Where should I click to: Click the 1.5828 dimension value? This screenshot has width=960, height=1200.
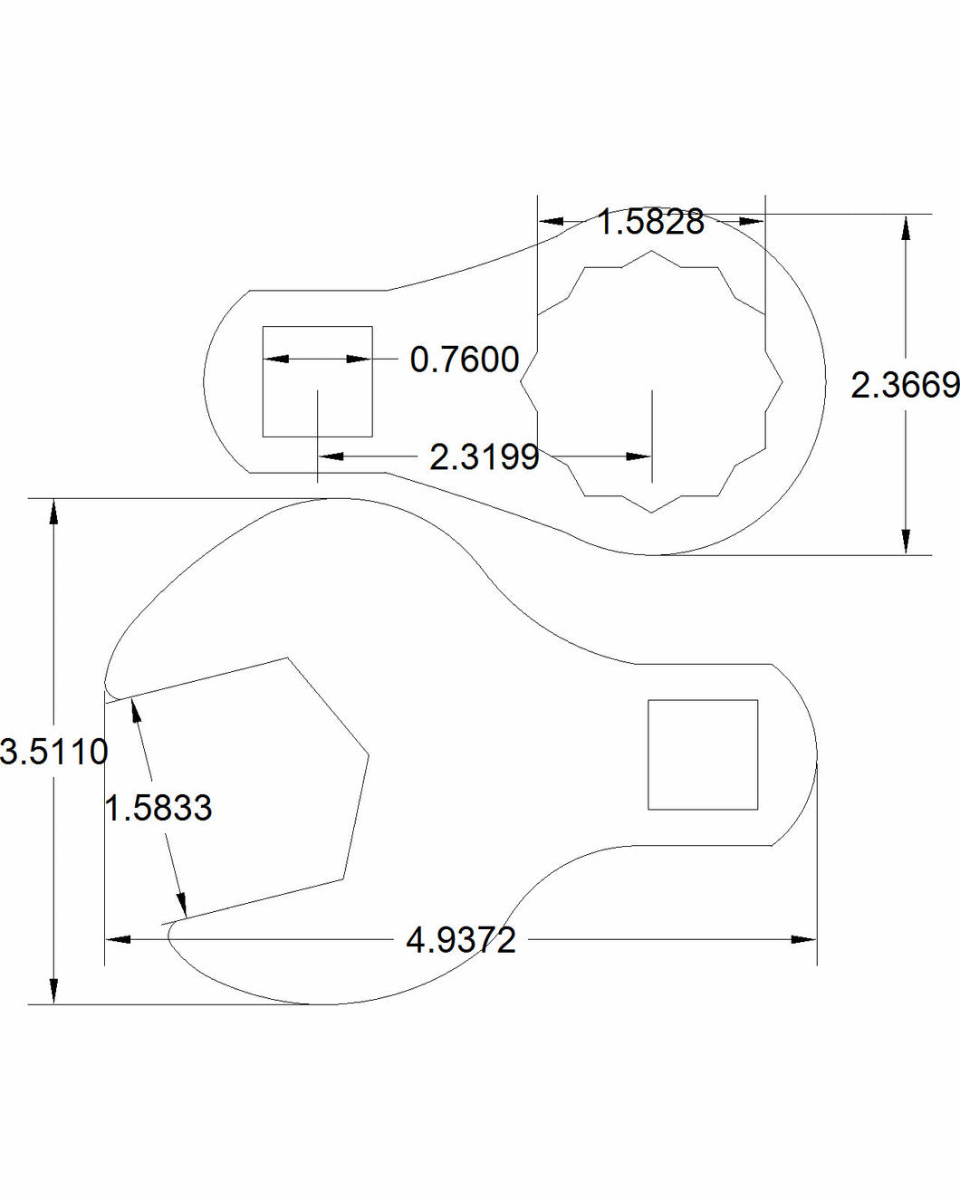pyautogui.click(x=650, y=222)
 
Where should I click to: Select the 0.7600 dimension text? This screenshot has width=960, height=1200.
pyautogui.click(x=464, y=360)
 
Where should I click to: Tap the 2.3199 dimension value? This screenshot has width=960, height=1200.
pyautogui.click(x=484, y=457)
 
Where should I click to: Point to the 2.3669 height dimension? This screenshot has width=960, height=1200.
pyautogui.click(x=905, y=386)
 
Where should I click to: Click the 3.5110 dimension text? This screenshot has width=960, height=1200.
pyautogui.click(x=54, y=752)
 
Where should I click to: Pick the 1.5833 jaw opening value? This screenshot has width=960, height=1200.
pyautogui.click(x=158, y=808)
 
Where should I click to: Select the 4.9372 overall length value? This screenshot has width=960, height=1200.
pyautogui.click(x=460, y=940)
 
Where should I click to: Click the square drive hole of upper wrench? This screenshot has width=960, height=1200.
pyautogui.click(x=317, y=381)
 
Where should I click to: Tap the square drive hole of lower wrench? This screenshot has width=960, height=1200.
pyautogui.click(x=703, y=754)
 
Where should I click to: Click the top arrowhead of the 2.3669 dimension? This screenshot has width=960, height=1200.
pyautogui.click(x=905, y=226)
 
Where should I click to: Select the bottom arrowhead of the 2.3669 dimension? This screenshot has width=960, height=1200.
pyautogui.click(x=905, y=542)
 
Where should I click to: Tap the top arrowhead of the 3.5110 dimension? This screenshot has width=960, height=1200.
pyautogui.click(x=54, y=511)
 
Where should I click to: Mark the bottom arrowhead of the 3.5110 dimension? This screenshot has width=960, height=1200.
pyautogui.click(x=54, y=992)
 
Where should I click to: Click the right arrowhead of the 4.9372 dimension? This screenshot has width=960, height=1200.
pyautogui.click(x=804, y=940)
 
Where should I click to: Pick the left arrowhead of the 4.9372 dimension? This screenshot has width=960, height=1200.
pyautogui.click(x=118, y=940)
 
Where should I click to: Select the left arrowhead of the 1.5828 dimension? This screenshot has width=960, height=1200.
pyautogui.click(x=551, y=221)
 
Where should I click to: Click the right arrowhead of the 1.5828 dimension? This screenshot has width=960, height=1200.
pyautogui.click(x=752, y=221)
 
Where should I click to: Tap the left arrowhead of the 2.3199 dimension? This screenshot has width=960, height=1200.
pyautogui.click(x=331, y=456)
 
